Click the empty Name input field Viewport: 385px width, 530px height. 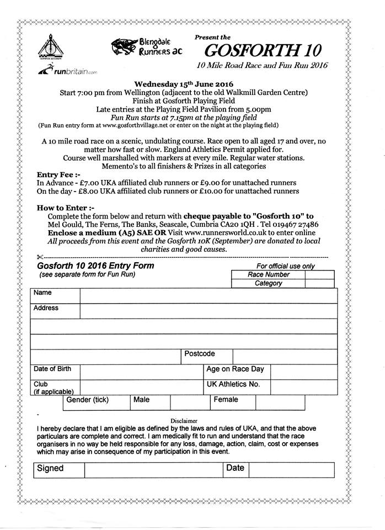(208, 296)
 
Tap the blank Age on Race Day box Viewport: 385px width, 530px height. (304, 372)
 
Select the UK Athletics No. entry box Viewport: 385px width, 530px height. (304, 387)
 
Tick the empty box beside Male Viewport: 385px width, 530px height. (190, 402)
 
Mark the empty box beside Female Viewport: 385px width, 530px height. (280, 402)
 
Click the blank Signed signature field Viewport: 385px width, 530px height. (153, 470)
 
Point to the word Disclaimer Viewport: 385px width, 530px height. (184, 420)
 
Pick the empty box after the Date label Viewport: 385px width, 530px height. (291, 470)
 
